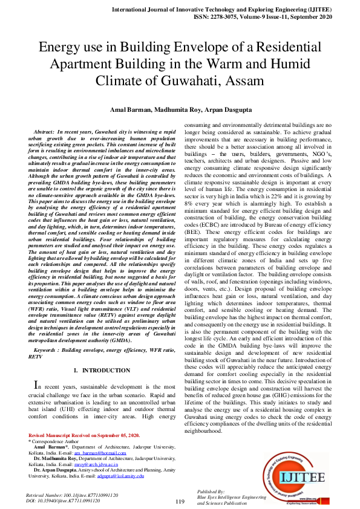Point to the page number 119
[x=180, y=501]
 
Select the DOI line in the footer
[x=71, y=501]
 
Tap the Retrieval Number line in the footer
[x=71, y=495]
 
